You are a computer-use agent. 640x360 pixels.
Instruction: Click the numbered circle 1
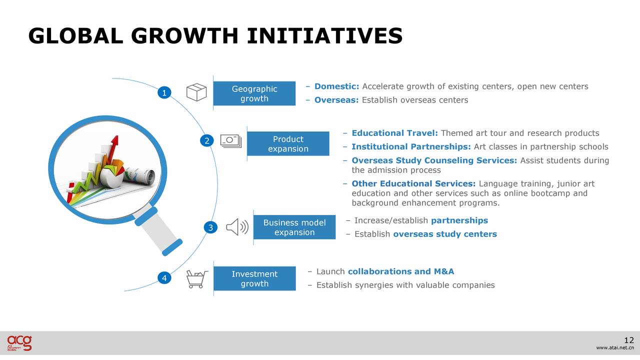[x=164, y=92]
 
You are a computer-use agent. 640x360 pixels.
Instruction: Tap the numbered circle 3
[x=210, y=227]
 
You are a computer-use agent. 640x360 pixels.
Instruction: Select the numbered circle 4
[x=164, y=277]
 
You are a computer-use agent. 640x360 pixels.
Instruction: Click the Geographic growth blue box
[x=254, y=93]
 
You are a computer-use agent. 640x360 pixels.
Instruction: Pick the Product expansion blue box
[x=288, y=143]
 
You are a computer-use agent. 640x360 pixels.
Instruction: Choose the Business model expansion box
[x=294, y=227]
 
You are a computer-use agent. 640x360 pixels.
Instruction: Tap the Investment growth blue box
[x=254, y=278]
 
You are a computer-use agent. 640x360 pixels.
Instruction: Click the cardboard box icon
[x=196, y=92]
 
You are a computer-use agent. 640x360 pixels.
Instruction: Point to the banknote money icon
[x=231, y=141]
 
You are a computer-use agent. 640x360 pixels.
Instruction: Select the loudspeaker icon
[x=237, y=227]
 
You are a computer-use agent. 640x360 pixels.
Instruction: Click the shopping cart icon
[x=197, y=279]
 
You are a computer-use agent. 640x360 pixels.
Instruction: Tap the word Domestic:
[x=336, y=86]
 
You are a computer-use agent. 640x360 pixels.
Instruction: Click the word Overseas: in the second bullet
[x=336, y=100]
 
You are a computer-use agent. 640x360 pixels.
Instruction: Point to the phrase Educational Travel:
[x=394, y=133]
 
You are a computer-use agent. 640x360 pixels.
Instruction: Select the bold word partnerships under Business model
[x=459, y=220]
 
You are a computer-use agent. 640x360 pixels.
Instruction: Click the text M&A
[x=444, y=271]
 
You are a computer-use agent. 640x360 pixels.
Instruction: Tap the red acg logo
[x=19, y=343]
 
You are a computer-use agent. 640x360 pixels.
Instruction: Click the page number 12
[x=629, y=340]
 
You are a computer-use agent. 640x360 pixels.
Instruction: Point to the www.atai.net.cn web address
[x=615, y=347]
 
